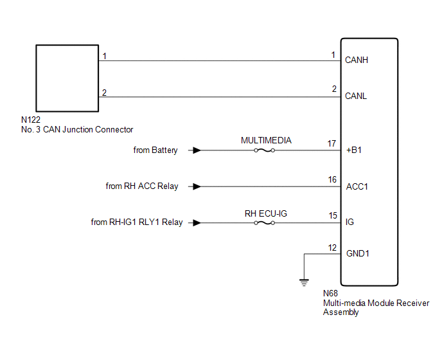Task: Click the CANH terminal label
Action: point(357,60)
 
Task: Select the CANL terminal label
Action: point(357,96)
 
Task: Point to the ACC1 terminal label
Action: point(356,186)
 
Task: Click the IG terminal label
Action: point(349,222)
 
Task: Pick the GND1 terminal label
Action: point(357,253)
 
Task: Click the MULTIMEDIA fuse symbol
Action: point(265,150)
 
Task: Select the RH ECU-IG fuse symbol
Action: point(265,222)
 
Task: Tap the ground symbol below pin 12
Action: point(304,280)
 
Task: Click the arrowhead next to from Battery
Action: point(197,150)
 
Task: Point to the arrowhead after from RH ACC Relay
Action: point(197,186)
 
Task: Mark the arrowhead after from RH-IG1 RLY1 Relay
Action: point(197,222)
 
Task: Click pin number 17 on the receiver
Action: point(332,144)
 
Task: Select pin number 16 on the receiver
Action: point(332,180)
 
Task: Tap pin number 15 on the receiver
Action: point(332,216)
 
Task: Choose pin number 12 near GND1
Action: point(332,248)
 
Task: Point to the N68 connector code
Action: point(331,294)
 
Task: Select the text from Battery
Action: point(155,150)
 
